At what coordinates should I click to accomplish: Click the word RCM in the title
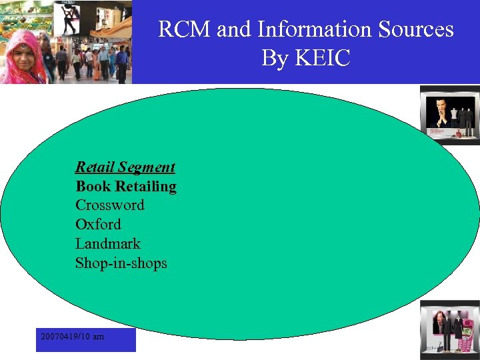183,30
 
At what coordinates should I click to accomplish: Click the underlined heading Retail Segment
125,167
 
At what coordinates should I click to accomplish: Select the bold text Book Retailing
125,186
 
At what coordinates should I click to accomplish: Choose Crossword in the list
109,205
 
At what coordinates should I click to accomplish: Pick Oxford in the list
98,224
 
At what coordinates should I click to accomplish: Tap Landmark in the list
107,243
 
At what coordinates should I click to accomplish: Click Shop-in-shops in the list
121,263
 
